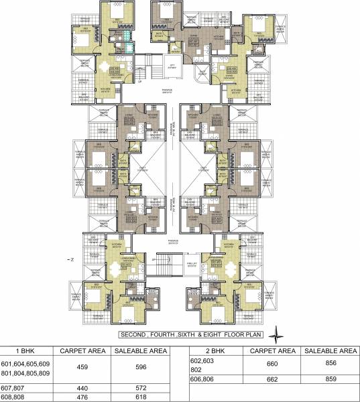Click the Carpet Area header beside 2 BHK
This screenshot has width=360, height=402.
pyautogui.click(x=272, y=350)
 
